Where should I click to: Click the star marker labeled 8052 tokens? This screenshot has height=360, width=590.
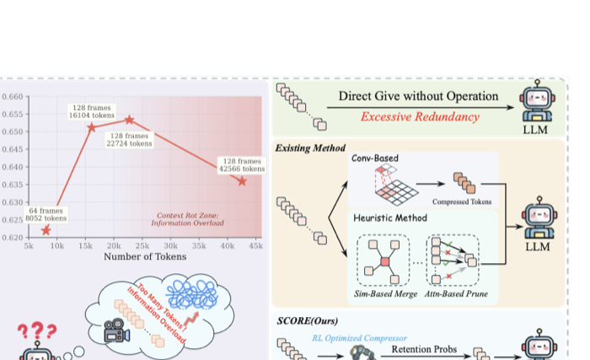(x=46, y=230)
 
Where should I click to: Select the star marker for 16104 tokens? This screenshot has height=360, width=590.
(x=91, y=127)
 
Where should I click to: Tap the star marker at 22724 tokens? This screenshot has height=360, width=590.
(x=130, y=120)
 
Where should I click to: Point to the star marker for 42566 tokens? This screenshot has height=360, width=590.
(x=242, y=181)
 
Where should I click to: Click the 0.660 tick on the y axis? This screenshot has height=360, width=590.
(x=13, y=97)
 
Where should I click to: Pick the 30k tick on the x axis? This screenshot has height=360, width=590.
(x=170, y=246)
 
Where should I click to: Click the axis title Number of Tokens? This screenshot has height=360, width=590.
(x=145, y=257)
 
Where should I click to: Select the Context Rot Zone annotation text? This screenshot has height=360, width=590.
(x=187, y=219)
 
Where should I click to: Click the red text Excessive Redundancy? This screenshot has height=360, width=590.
(x=420, y=116)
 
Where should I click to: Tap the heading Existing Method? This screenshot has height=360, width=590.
(x=310, y=148)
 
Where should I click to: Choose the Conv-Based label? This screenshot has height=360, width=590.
(x=375, y=159)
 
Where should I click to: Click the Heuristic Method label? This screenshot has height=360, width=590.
(x=390, y=218)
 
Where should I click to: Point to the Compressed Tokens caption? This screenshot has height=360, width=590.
(x=462, y=201)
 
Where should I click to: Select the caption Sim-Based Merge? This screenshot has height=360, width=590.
(x=386, y=293)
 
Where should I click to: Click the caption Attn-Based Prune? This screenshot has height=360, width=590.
(x=456, y=293)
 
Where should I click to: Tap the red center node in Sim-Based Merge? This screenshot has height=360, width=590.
(x=385, y=261)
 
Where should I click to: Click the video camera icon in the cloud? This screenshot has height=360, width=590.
(x=116, y=330)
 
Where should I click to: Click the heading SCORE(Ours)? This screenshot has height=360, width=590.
(x=308, y=321)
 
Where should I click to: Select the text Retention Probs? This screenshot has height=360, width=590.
(x=424, y=349)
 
